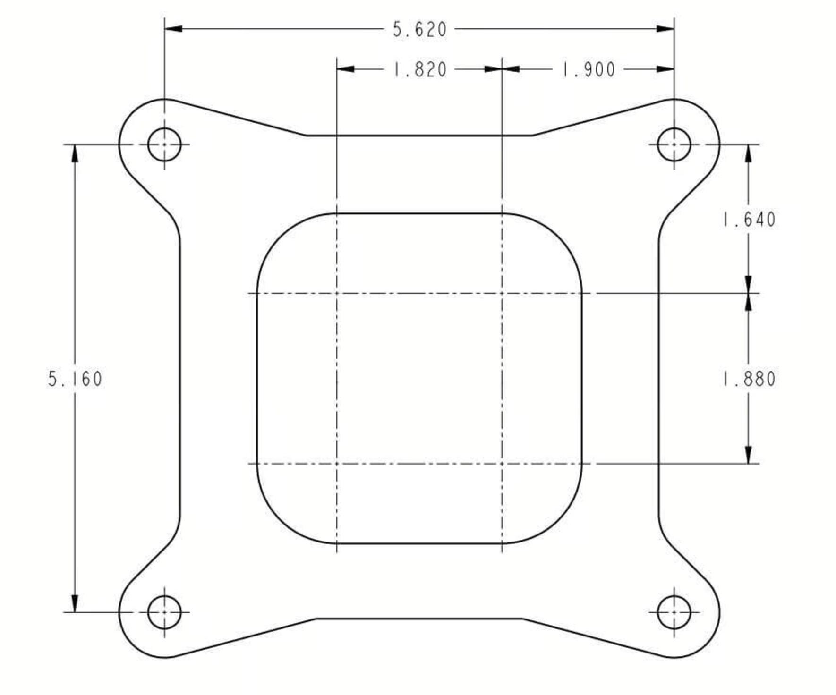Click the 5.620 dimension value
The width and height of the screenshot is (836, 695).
(419, 30)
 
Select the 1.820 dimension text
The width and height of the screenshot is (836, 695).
(419, 70)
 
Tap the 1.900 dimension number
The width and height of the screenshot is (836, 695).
(589, 70)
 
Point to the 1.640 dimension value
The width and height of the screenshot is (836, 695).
(749, 220)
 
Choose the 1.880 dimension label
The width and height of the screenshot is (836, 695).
(749, 379)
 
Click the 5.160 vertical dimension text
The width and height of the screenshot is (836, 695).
(75, 379)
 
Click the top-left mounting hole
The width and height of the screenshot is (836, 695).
(164, 144)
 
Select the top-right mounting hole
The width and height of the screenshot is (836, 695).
(674, 144)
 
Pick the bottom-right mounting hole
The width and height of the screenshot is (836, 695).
(674, 612)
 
